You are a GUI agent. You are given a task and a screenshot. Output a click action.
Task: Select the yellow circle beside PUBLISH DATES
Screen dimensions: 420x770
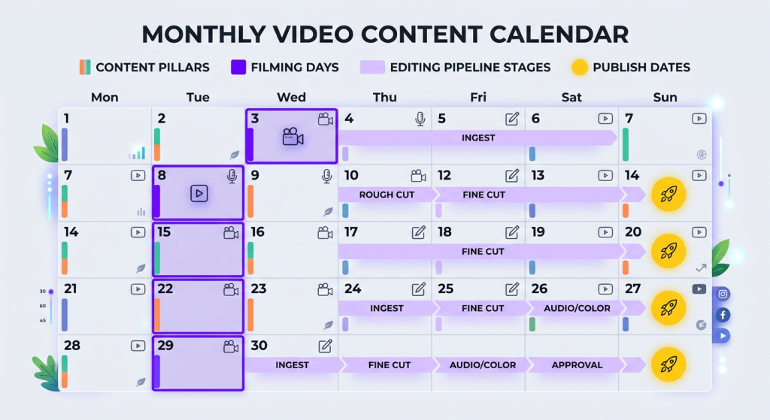(x=579, y=67)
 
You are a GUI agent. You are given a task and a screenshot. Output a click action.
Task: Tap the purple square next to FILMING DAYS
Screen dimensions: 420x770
(x=238, y=67)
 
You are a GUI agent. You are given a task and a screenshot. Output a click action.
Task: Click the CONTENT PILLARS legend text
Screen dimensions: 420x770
(x=153, y=67)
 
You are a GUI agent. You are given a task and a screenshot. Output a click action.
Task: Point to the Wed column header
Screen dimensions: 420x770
(x=291, y=97)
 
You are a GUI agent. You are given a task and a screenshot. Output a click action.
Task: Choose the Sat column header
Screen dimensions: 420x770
(x=571, y=97)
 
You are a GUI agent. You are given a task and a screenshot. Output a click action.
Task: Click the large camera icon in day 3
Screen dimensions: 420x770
(x=293, y=137)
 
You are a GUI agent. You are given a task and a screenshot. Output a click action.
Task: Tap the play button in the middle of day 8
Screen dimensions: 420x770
(x=199, y=193)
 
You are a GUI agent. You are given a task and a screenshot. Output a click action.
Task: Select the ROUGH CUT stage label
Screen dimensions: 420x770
(x=387, y=195)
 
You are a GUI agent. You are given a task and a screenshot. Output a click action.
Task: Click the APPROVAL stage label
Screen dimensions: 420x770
(x=577, y=365)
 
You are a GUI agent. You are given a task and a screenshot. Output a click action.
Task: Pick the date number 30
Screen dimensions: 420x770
(x=259, y=346)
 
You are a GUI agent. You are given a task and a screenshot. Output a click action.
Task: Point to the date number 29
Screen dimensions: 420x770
(x=165, y=346)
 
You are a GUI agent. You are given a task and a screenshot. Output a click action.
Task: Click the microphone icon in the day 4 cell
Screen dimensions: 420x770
(x=420, y=119)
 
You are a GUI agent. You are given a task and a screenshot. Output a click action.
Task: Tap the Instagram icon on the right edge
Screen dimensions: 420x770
(x=723, y=294)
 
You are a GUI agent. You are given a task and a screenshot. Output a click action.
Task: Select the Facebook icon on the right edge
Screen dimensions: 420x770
(x=723, y=315)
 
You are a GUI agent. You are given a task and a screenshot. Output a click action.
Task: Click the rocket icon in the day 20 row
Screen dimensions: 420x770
(x=668, y=250)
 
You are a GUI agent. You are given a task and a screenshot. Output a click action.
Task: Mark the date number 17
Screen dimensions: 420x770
(x=352, y=232)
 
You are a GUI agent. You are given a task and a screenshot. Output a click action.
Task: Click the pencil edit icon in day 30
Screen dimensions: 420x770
(x=325, y=346)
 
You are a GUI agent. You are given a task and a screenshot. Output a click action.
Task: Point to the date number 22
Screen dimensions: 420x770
(x=165, y=289)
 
